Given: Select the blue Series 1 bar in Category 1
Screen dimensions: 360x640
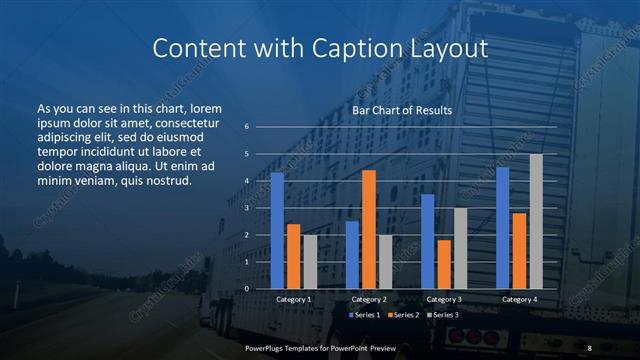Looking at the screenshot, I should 277,230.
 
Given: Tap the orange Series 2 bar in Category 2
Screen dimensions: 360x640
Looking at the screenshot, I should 368,229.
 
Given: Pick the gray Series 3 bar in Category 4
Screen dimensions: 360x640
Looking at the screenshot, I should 536,221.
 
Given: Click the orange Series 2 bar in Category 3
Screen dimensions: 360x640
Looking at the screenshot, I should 443,264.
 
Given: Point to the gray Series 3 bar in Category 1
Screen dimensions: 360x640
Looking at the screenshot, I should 309,261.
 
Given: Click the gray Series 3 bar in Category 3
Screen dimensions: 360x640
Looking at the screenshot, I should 460,248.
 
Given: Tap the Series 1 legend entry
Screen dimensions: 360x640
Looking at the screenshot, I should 364,315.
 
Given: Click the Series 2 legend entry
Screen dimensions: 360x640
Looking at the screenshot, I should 403,315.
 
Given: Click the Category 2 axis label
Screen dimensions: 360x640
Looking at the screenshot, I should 368,299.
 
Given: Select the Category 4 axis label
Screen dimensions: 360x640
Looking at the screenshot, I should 518,299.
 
